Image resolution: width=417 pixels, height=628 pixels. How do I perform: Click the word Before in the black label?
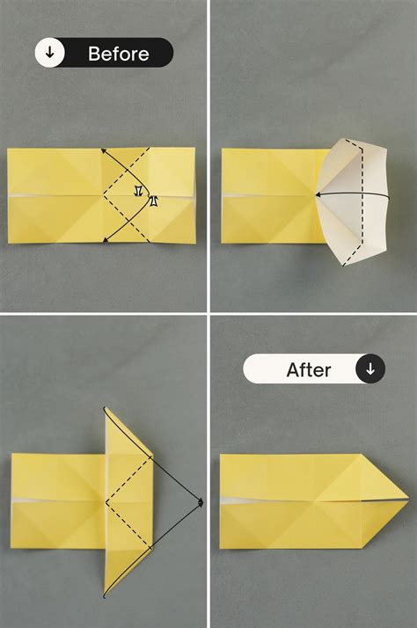pyautogui.click(x=119, y=54)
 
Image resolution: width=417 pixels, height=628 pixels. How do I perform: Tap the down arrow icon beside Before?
pyautogui.click(x=50, y=54)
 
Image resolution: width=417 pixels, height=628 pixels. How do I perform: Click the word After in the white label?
pyautogui.click(x=309, y=369)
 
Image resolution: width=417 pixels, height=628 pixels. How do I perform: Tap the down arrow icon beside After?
pyautogui.click(x=369, y=369)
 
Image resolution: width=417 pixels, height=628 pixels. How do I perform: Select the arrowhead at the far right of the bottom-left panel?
pyautogui.click(x=201, y=502)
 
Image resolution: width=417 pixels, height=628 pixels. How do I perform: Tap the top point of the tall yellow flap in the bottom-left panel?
pyautogui.click(x=106, y=409)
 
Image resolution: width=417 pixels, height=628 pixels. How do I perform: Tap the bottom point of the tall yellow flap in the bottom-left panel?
pyautogui.click(x=106, y=596)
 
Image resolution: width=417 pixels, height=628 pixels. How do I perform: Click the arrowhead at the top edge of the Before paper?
pyautogui.click(x=104, y=150)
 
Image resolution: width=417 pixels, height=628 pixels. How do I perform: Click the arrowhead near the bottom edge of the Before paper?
pyautogui.click(x=105, y=239)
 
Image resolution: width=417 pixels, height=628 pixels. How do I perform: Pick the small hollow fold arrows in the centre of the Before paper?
pyautogui.click(x=145, y=195)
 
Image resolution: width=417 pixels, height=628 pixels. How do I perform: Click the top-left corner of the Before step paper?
pyautogui.click(x=9, y=150)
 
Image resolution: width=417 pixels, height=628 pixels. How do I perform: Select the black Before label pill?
pyautogui.click(x=104, y=54)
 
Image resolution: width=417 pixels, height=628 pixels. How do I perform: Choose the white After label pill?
pyautogui.click(x=314, y=369)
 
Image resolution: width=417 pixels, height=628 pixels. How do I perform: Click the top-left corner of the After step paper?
pyautogui.click(x=221, y=455)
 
